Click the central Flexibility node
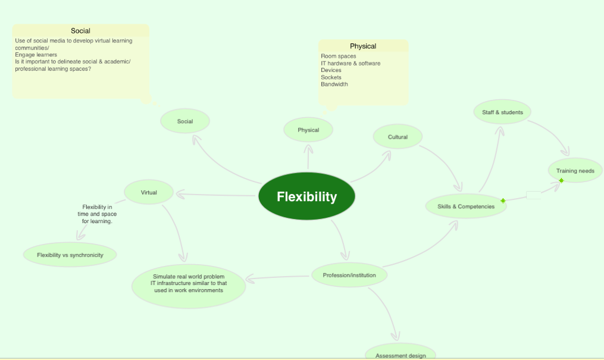click(306, 196)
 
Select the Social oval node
click(185, 121)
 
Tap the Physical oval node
click(308, 130)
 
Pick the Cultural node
click(398, 137)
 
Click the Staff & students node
click(502, 112)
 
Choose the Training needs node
click(575, 171)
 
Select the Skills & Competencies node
click(462, 206)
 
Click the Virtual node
click(149, 192)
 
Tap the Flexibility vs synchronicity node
click(70, 255)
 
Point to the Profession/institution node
click(349, 275)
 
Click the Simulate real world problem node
click(189, 283)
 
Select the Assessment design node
click(400, 354)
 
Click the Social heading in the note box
click(80, 31)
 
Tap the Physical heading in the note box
click(363, 46)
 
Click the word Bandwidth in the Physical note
click(334, 84)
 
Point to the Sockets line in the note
click(331, 77)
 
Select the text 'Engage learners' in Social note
click(36, 55)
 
